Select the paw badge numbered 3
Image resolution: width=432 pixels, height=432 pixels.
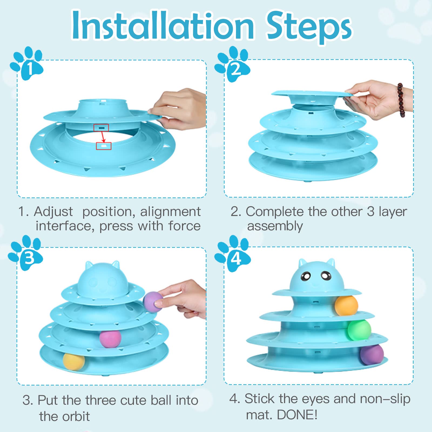[x=26, y=254]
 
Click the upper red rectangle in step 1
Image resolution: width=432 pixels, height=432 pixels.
[x=101, y=128]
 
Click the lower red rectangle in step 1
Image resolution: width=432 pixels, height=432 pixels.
[x=104, y=146]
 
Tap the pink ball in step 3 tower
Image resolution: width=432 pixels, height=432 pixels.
[x=110, y=339]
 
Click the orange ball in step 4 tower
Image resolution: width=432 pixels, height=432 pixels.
[x=346, y=305]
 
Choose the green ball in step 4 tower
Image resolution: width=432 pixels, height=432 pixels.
[x=359, y=330]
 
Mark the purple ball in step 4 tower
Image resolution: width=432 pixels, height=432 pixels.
[x=372, y=355]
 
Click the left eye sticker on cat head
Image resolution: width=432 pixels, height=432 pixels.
[x=306, y=276]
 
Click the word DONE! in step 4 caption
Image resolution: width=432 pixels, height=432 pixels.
[x=297, y=414]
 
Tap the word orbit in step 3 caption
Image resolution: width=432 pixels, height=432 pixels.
[x=76, y=416]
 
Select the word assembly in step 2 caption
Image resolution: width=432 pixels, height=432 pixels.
[x=275, y=226]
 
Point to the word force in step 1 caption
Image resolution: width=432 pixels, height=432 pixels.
[x=184, y=226]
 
